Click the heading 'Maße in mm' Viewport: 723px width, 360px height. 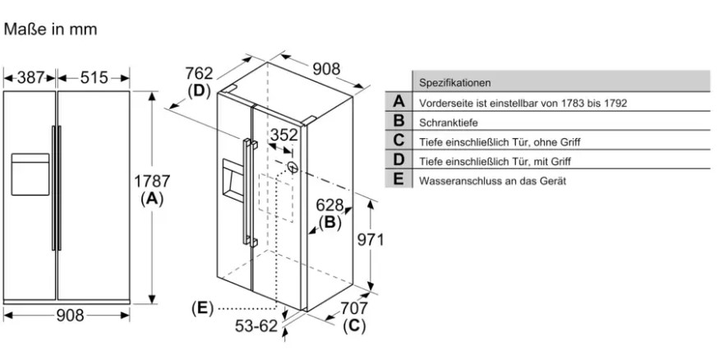tap(51, 30)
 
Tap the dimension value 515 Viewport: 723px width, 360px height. tap(94, 78)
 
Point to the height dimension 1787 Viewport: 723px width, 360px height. tap(152, 182)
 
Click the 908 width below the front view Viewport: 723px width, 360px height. tap(70, 315)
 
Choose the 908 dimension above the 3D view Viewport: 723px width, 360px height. tap(326, 70)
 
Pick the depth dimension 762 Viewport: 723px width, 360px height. tap(199, 73)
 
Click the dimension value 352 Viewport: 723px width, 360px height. tap(284, 135)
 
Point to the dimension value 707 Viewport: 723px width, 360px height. tap(354, 308)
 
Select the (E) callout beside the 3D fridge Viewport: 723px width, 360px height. tap(201, 308)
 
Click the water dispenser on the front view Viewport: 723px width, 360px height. tap(30, 173)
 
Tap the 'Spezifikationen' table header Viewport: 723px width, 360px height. tap(455, 83)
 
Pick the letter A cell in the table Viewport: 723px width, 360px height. tap(398, 103)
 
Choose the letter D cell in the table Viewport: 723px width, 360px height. tap(398, 160)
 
